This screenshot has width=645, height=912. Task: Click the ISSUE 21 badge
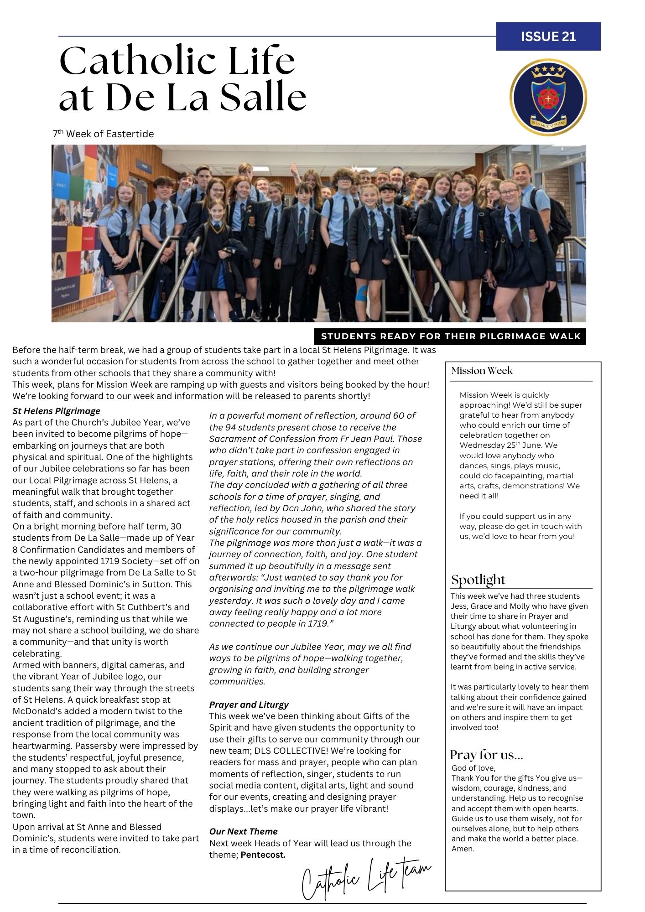point(548,36)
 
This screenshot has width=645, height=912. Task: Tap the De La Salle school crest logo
point(548,98)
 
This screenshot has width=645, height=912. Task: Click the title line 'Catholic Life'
point(177,61)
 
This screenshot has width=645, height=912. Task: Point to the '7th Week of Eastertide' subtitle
point(104,134)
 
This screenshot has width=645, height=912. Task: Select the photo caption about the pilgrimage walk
point(450,337)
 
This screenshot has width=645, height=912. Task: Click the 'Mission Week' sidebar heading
point(482,371)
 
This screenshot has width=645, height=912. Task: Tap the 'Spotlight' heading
point(478,580)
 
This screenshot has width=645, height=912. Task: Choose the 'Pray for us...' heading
point(487,755)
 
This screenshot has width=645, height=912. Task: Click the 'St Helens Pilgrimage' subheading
point(57,411)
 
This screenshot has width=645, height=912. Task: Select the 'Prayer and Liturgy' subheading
point(249,705)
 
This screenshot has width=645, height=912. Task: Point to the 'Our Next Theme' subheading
point(244,831)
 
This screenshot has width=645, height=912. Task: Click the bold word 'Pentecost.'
point(263,855)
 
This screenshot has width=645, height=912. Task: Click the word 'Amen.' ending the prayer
point(463,849)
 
